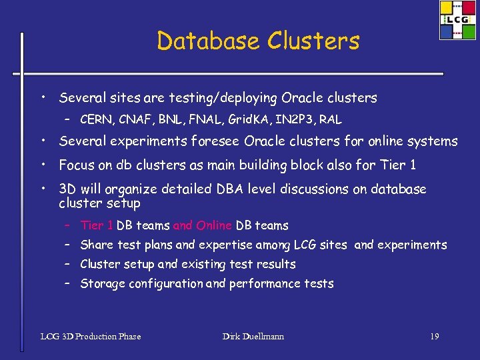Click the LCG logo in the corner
click(x=457, y=21)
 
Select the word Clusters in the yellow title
click(x=314, y=41)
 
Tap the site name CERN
click(x=96, y=121)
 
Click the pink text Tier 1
click(x=97, y=225)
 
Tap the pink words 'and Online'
click(x=203, y=225)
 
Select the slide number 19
click(x=434, y=336)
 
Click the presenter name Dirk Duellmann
click(x=253, y=336)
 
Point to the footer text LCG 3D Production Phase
click(x=91, y=336)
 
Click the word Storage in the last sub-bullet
click(x=103, y=284)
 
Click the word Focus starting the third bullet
click(x=77, y=165)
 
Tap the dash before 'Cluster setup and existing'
click(x=68, y=263)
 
